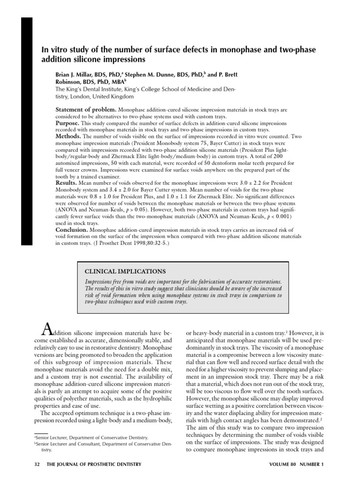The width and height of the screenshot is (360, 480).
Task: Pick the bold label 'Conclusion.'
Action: (72, 230)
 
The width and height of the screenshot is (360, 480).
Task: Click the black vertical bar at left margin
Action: (27, 131)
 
